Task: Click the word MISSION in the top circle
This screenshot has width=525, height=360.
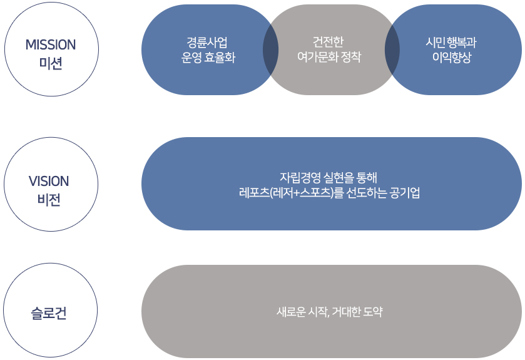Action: coord(51,44)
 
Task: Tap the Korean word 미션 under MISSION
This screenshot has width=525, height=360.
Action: coord(51,63)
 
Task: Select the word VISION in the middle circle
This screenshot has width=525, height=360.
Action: coord(49,182)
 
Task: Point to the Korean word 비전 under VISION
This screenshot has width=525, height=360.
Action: coord(49,201)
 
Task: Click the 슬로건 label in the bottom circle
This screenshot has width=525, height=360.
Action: coord(49,312)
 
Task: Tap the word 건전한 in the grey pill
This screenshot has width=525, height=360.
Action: coord(329,41)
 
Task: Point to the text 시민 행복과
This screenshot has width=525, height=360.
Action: coord(451,42)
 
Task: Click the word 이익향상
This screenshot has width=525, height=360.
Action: coord(451,58)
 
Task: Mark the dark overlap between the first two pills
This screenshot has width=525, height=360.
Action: coord(270,49)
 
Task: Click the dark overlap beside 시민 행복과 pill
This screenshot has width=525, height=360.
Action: coord(392,49)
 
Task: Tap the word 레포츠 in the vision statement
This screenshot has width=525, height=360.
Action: coord(253,192)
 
